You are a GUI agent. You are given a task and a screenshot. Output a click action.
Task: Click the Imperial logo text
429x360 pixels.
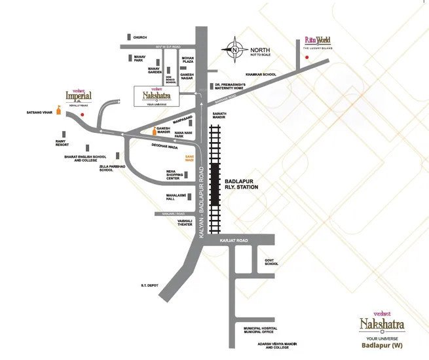tap(78, 96)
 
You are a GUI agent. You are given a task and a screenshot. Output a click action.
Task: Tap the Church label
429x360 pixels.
tap(140, 37)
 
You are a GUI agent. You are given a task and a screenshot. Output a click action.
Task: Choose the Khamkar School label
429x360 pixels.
tap(261, 75)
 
